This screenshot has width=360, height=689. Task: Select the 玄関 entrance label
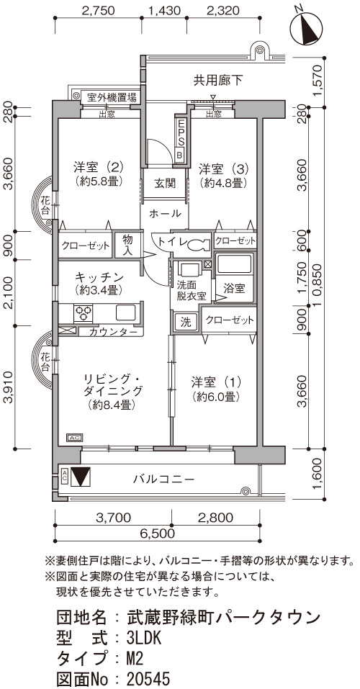pos(164,184)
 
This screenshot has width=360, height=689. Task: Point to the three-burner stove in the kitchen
pos(83,313)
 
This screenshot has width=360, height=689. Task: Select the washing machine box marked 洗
pos(186,323)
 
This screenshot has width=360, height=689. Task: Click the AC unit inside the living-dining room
pos(73,438)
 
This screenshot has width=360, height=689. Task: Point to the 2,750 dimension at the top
pos(99,10)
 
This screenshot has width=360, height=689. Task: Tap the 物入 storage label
pos(127,246)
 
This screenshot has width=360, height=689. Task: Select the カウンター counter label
pos(113,332)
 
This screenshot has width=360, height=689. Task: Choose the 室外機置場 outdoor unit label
pos(111,96)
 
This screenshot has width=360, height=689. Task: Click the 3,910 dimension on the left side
pos(9,388)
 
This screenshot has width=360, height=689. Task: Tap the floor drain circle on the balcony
pos(246,491)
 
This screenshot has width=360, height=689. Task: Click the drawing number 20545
pos(148,678)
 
